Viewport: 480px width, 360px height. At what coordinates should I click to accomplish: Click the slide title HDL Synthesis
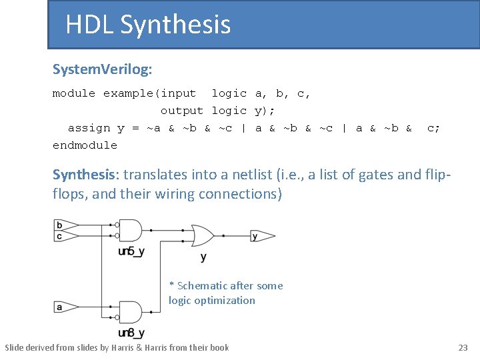coord(148,25)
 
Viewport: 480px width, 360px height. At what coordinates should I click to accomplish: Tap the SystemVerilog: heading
coord(102,69)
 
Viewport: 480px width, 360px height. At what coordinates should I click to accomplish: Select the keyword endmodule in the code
coord(85,145)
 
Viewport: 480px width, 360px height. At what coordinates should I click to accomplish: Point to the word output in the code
coord(181,111)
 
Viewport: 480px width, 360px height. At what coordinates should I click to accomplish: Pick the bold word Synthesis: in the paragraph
coord(84,175)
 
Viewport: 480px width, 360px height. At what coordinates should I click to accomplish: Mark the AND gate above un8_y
coord(131,312)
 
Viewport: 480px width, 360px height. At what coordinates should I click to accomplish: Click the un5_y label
coord(131,251)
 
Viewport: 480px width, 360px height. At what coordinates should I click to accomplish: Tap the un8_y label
coord(131,333)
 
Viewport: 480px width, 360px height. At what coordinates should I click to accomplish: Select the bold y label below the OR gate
coord(203,257)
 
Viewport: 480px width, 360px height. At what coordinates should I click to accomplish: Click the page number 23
coord(463,347)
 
